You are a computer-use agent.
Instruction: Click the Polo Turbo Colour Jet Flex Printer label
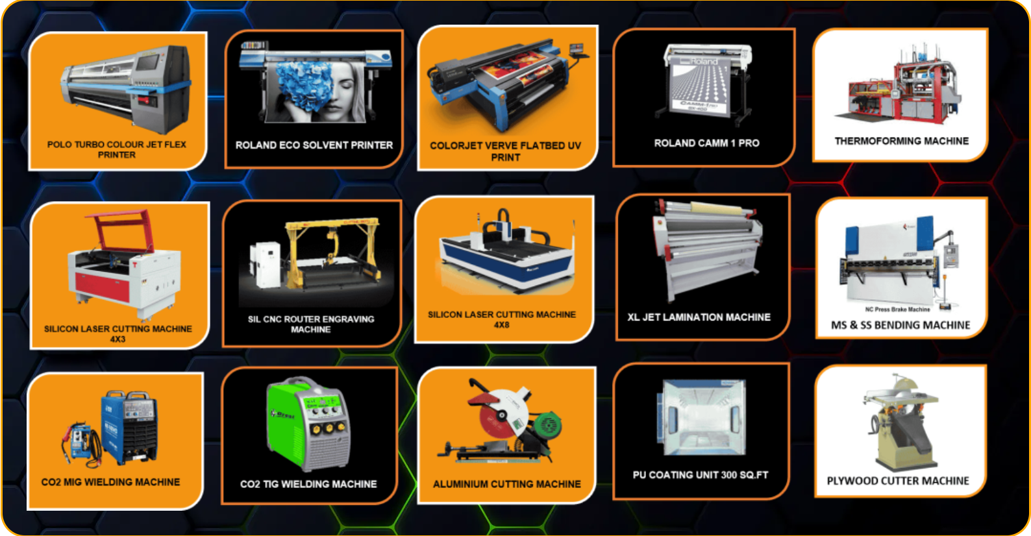tap(116, 149)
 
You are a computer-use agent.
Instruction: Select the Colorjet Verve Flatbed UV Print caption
tap(505, 151)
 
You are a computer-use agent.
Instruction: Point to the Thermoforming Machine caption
tap(901, 141)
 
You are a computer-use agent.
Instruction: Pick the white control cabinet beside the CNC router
tap(265, 265)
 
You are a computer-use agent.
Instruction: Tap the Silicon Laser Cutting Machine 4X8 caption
tap(502, 319)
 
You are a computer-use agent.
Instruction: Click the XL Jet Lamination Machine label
tap(699, 317)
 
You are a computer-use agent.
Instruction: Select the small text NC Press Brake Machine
tap(897, 310)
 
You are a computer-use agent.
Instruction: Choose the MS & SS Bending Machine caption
tap(900, 325)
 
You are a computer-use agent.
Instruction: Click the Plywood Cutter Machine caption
tap(897, 481)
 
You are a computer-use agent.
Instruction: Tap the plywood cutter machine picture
tap(899, 423)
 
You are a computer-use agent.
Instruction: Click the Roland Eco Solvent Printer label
tap(314, 145)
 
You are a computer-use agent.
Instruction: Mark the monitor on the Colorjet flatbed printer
tap(577, 48)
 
